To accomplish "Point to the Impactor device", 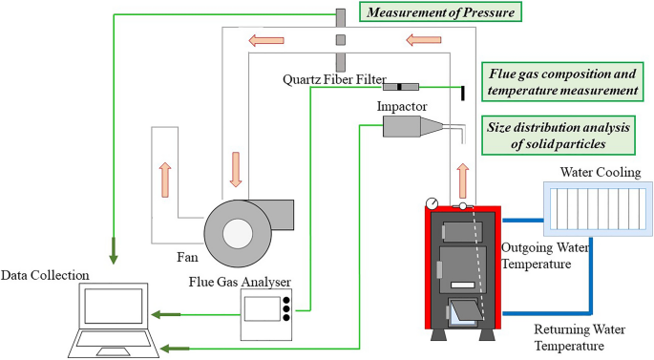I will click(411, 130).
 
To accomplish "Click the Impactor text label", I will click(403, 105).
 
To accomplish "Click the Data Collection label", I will click(45, 275).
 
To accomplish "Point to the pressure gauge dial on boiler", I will click(433, 202).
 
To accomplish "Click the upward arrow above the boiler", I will click(464, 180).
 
